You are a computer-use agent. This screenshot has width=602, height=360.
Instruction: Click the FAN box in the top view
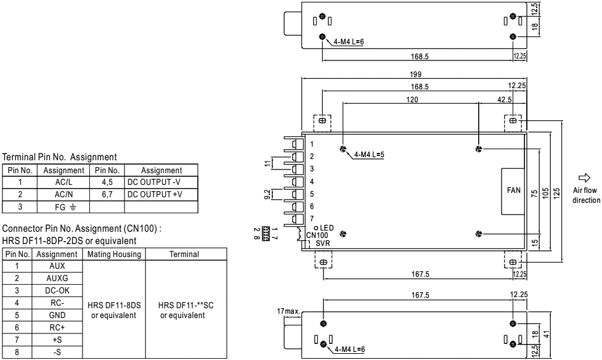click(x=513, y=191)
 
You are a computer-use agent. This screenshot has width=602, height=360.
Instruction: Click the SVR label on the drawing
click(x=323, y=243)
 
